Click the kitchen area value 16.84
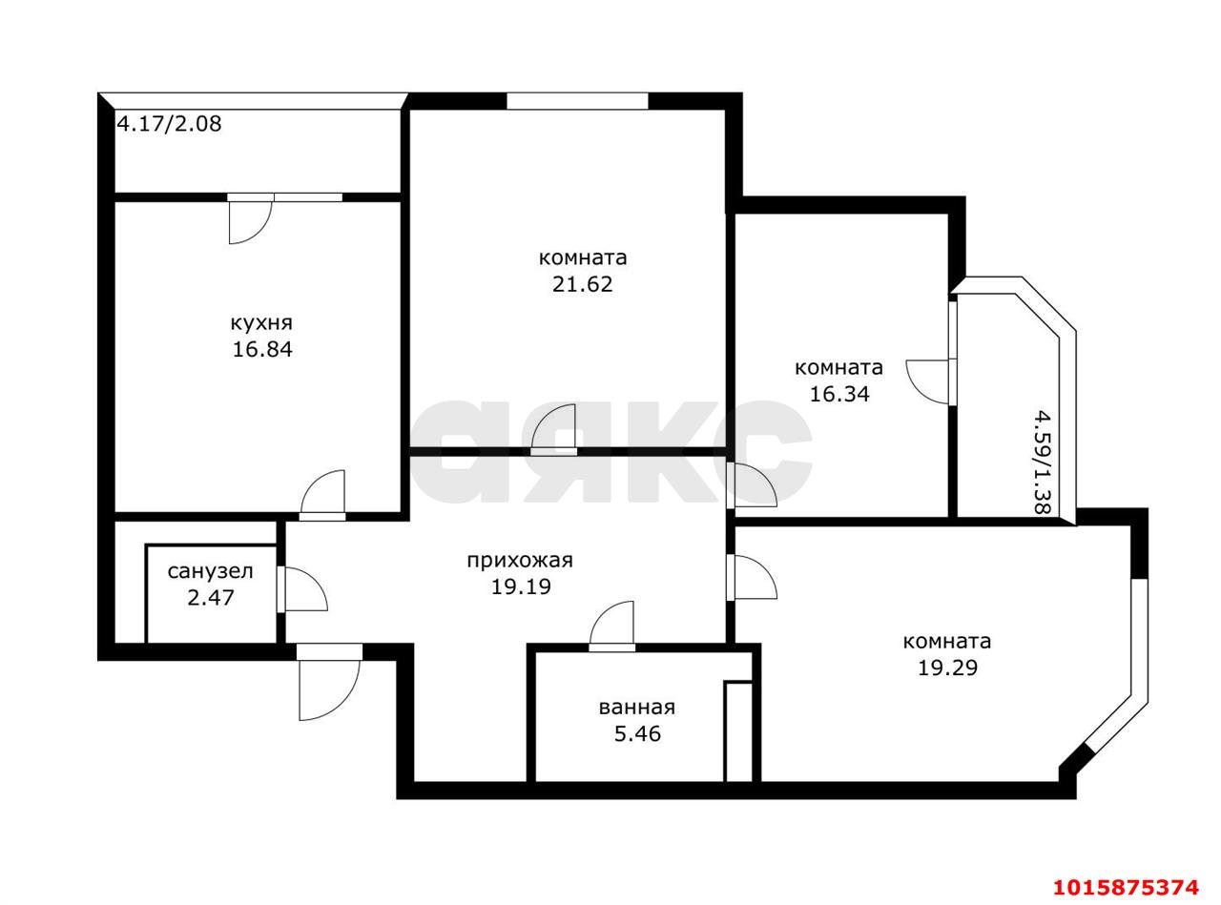point(262,350)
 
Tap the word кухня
point(261,323)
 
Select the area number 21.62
point(582,284)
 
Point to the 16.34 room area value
point(838,394)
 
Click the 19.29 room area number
point(947,668)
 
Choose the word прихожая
point(520,561)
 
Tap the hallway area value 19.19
point(520,586)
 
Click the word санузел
point(210,571)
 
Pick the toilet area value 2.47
point(210,598)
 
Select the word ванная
point(637,708)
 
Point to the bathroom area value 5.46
point(637,733)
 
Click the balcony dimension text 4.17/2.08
point(170,123)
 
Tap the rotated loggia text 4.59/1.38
point(1042,462)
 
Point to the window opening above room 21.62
point(577,101)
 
